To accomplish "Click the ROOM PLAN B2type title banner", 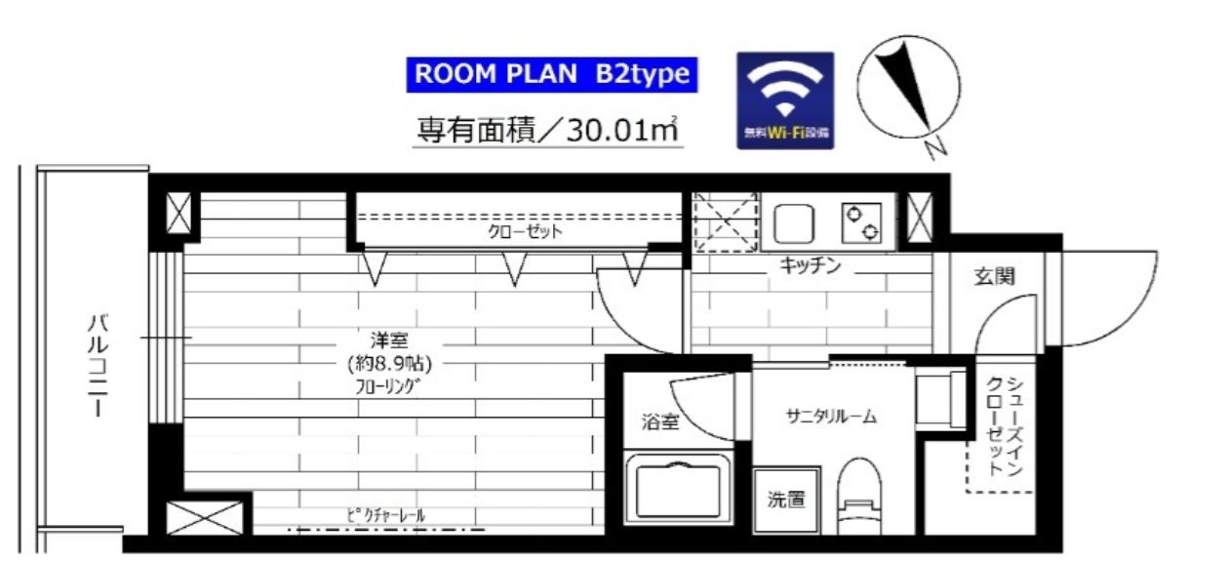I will [x=552, y=75].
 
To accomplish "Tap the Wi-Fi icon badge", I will [x=785, y=100].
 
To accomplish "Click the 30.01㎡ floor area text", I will [x=549, y=129].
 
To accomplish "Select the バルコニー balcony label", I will [x=98, y=366].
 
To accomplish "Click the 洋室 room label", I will [x=389, y=341].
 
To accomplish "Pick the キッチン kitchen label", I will [x=810, y=266].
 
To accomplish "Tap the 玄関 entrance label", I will [x=994, y=276].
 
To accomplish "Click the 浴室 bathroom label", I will [x=659, y=422].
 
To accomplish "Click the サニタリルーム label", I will [x=831, y=418].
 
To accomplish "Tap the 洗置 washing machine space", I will [x=786, y=501].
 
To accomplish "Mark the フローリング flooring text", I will [x=387, y=387].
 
